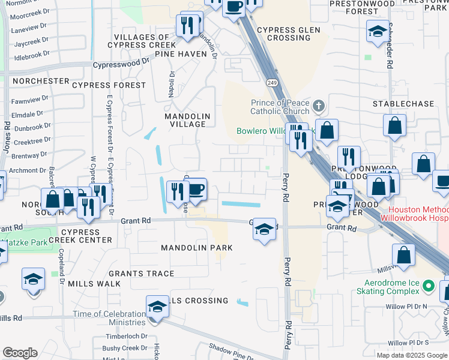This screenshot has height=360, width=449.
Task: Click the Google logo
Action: [20, 353]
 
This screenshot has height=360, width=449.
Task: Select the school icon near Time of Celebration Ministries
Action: [157, 306]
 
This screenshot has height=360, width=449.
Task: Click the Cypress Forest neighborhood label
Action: [109, 85]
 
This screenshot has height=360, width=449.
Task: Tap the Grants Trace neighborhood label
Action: [142, 274]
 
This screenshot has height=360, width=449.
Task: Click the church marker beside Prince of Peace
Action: [318, 107]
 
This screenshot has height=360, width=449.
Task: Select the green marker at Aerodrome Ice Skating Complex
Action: [428, 286]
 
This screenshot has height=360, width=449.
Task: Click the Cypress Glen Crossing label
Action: [285, 34]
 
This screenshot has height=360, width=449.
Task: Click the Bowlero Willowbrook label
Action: [264, 131]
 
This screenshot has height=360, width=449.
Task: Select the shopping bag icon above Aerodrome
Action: [404, 254]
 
